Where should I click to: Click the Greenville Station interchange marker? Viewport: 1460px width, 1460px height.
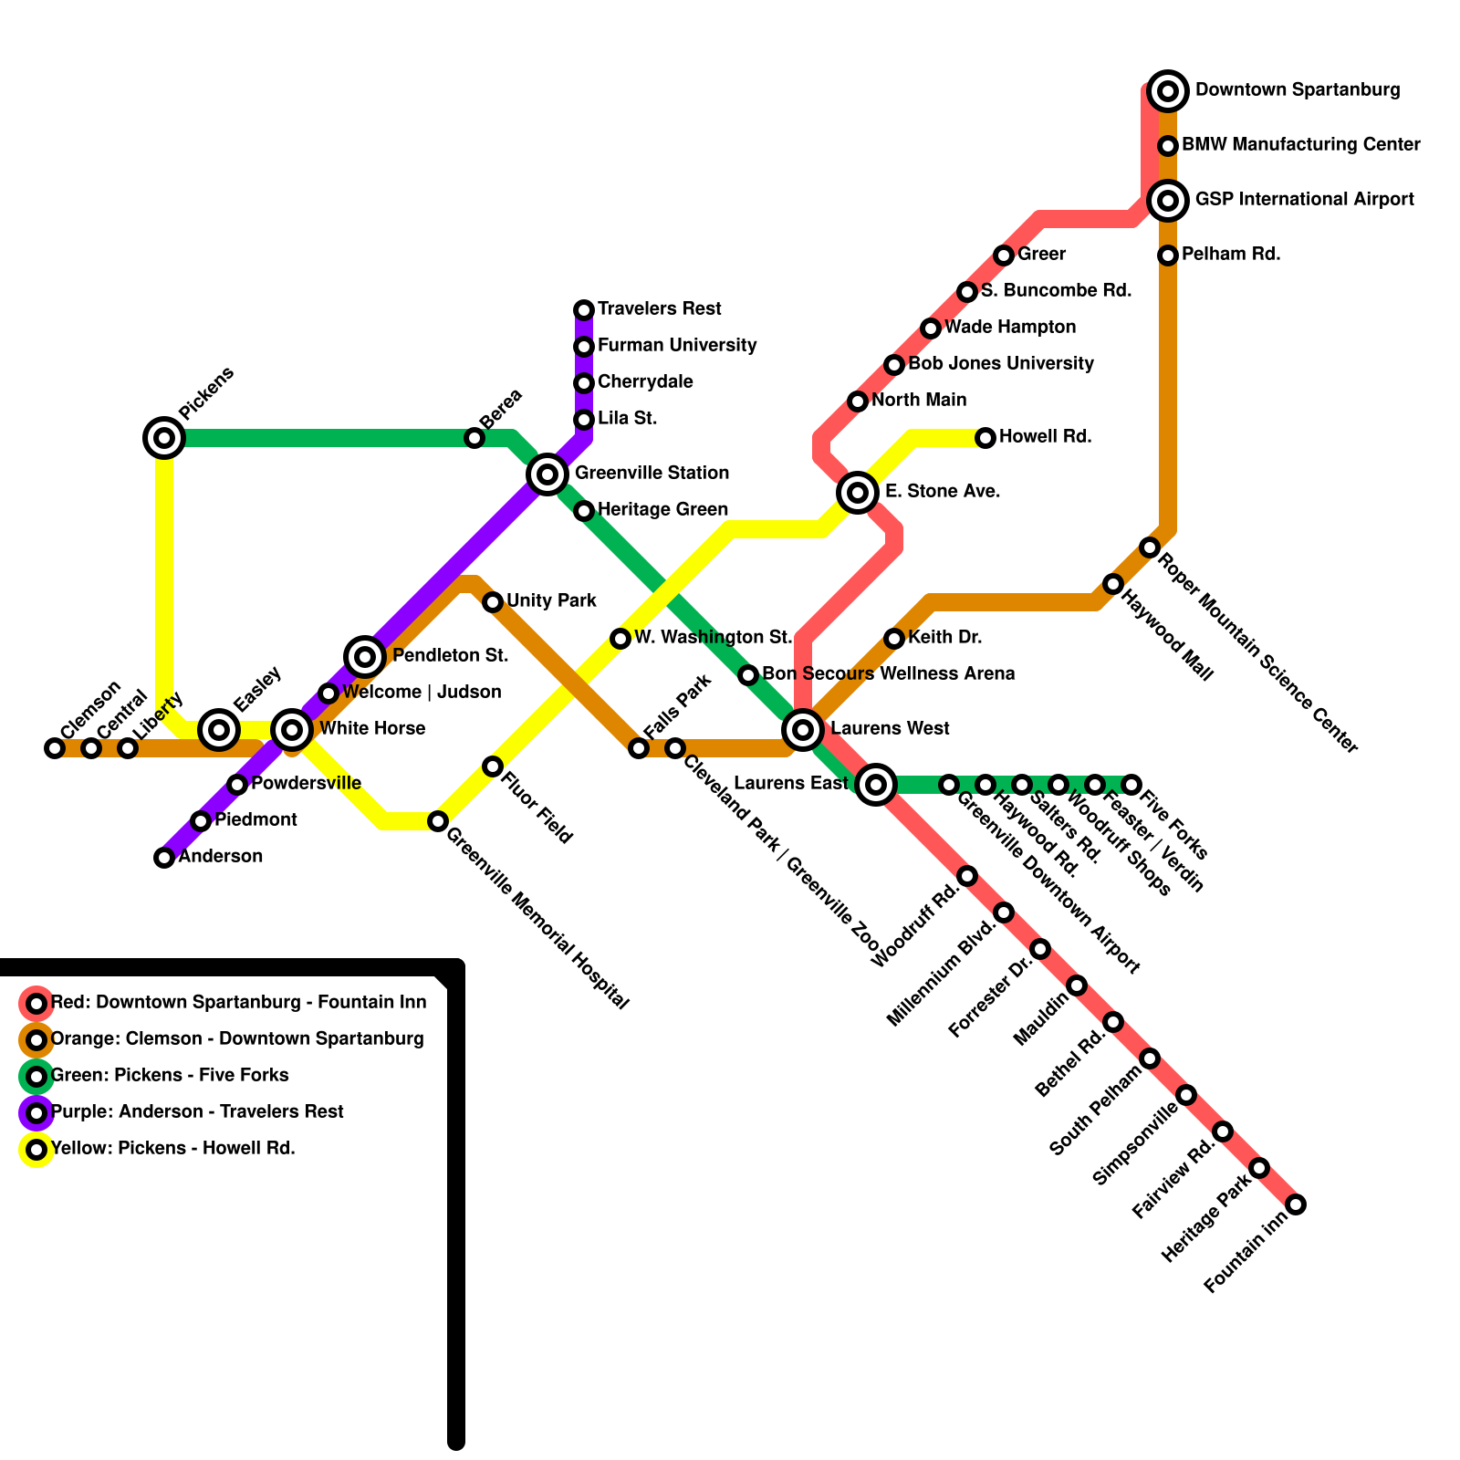(x=547, y=474)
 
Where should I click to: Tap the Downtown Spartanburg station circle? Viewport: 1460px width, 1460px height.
(x=1168, y=91)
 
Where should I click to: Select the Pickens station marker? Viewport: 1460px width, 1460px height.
(x=164, y=438)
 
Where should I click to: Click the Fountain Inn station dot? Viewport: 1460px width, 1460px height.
(x=1296, y=1204)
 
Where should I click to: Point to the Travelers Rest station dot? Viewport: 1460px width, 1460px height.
(x=584, y=310)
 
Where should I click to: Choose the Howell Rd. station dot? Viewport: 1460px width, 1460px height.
(x=985, y=438)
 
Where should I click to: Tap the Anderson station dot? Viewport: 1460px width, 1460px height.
(x=164, y=858)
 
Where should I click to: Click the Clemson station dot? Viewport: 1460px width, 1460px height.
(x=55, y=748)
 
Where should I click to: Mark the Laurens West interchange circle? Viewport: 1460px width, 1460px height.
(x=803, y=730)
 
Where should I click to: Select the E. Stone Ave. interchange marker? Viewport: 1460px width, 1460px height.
(x=858, y=493)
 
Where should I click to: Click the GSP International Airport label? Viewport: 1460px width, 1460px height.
(x=1305, y=199)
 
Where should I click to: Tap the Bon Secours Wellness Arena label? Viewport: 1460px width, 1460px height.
(x=889, y=673)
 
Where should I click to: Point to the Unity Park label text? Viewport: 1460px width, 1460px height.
(x=551, y=600)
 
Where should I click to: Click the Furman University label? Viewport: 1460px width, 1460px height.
(x=677, y=345)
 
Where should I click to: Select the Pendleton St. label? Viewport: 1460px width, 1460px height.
(x=450, y=655)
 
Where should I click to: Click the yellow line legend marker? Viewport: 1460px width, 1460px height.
(x=36, y=1150)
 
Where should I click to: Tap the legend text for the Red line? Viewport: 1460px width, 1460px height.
(x=238, y=1002)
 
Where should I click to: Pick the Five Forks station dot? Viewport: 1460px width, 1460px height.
(x=1131, y=785)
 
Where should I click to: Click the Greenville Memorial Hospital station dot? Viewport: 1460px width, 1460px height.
(x=438, y=821)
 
